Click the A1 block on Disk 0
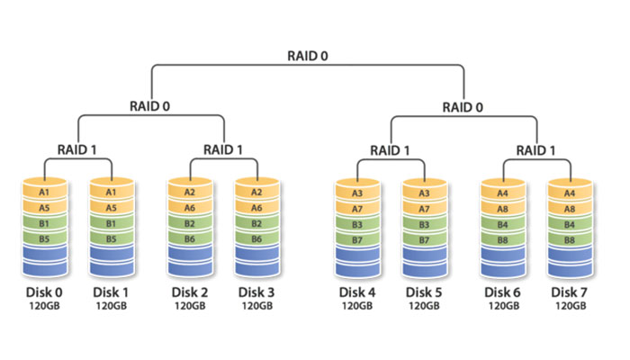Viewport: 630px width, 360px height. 43,192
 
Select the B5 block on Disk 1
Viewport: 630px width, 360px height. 111,238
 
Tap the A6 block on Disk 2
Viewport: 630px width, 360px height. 190,207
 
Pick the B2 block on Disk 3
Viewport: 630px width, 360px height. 257,223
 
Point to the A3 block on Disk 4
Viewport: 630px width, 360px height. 357,193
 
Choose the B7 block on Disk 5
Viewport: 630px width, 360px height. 425,239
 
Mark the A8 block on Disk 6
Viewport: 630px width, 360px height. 502,208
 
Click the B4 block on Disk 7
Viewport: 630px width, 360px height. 569,224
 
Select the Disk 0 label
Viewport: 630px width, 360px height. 43,292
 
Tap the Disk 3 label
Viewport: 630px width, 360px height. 257,292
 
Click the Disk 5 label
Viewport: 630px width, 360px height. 425,292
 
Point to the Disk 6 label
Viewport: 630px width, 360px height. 502,292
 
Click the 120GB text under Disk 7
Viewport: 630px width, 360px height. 569,306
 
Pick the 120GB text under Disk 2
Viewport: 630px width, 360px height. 190,306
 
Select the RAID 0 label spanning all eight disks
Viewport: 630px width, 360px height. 308,56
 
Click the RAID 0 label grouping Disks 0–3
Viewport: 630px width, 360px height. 150,105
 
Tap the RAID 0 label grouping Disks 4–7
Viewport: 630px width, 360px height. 463,105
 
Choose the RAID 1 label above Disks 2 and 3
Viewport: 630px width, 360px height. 224,149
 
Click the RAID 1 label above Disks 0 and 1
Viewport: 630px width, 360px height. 77,149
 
